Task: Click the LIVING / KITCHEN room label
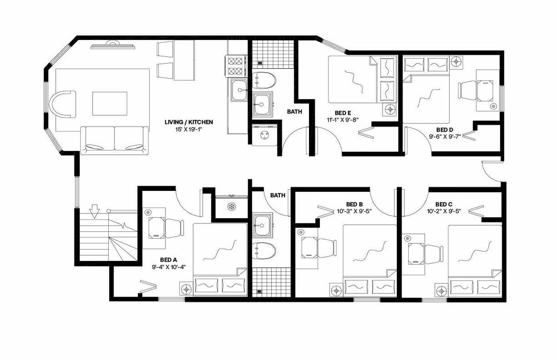click(188, 122)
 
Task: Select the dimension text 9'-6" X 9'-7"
click(445, 136)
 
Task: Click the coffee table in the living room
click(110, 103)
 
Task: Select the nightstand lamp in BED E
click(389, 110)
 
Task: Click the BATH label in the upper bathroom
click(295, 112)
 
